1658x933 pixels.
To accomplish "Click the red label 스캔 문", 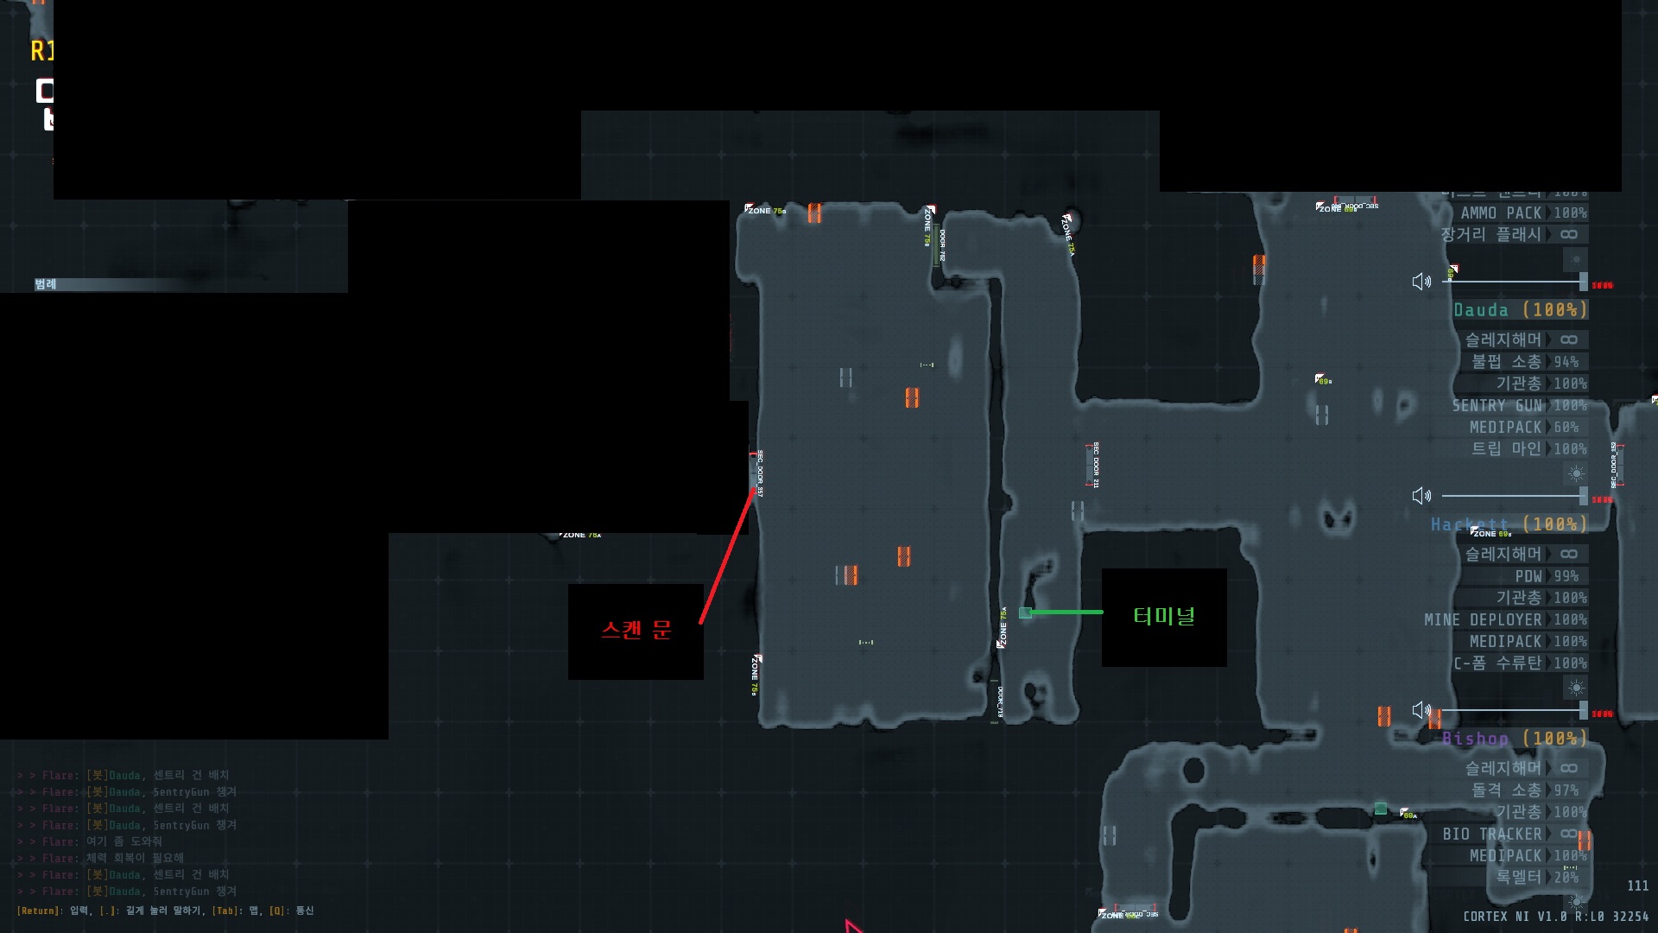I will (x=636, y=630).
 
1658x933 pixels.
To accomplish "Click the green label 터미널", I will (x=1164, y=616).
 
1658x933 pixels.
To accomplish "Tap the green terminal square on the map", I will (x=1025, y=612).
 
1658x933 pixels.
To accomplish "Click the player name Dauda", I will (x=1480, y=310).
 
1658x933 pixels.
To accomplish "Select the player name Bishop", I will (x=1475, y=739).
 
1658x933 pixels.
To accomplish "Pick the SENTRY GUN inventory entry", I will (x=1497, y=405).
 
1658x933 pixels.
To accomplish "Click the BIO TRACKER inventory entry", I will (x=1491, y=834).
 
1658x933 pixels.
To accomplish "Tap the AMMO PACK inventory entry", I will (x=1501, y=213).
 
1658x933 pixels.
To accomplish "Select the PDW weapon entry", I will (x=1528, y=575).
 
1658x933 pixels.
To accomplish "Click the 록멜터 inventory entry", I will (x=1518, y=877).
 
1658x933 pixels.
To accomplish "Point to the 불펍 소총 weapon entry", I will (x=1506, y=361).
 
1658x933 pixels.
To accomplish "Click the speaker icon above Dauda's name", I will (x=1421, y=282).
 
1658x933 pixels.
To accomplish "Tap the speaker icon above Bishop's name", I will (x=1421, y=710).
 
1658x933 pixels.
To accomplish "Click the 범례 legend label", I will (x=46, y=284).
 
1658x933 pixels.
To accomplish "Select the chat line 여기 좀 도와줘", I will (x=123, y=841).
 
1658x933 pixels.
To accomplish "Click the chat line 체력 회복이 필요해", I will (x=135, y=858).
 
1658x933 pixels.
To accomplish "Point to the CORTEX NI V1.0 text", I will (x=1515, y=916).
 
